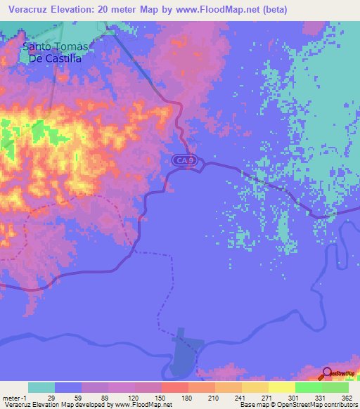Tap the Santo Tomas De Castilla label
(56, 53)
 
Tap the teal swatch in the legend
(41, 387)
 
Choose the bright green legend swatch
(308, 387)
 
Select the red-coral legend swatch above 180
(174, 387)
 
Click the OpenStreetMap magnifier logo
(328, 374)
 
